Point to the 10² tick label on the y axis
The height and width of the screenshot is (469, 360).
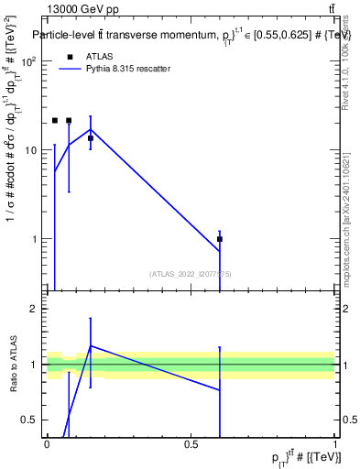29,61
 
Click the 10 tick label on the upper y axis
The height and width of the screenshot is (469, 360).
31,150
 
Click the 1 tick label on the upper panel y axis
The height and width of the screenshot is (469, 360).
36,239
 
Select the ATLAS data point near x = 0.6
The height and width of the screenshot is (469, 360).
220,239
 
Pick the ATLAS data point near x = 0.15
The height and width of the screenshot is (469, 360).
91,138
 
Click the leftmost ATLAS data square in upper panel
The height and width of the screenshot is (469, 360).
55,120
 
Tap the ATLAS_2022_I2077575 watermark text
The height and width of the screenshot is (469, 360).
191,273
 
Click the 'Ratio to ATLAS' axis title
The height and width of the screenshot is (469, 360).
15,365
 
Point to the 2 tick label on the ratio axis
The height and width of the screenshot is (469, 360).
36,309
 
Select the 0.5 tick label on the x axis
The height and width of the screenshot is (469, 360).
191,444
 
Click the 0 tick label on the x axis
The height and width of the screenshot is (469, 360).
47,444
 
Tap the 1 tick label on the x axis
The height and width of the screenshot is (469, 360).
335,444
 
